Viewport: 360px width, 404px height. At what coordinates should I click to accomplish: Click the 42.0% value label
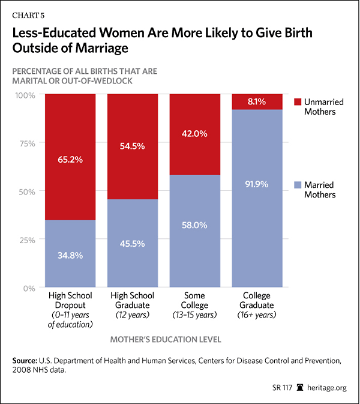tap(194, 134)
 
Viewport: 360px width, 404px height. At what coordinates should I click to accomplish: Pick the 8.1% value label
tap(257, 102)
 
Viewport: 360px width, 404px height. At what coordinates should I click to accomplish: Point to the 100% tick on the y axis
tap(26, 95)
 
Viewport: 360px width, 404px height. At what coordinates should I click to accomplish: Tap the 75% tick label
tap(28, 143)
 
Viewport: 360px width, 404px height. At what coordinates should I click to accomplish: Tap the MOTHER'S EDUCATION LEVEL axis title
tap(165, 340)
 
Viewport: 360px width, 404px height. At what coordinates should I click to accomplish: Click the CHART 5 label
tap(28, 8)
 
